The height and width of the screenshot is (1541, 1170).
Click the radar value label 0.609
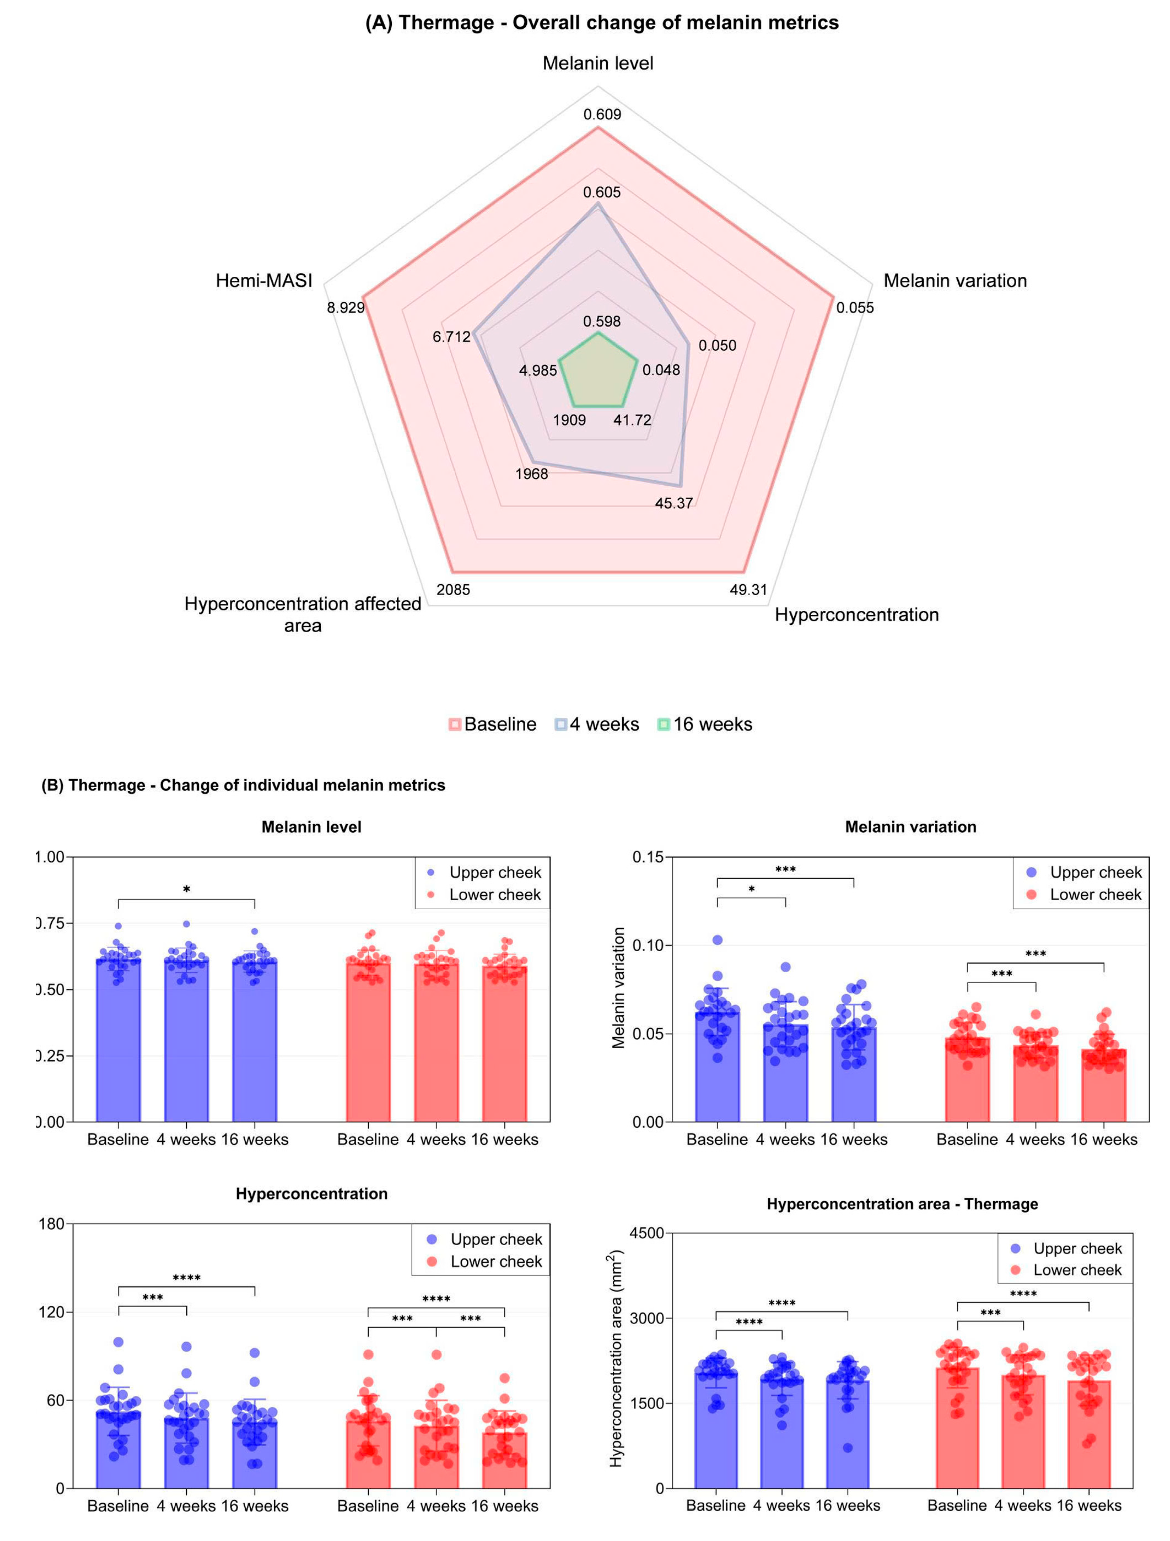pos(602,114)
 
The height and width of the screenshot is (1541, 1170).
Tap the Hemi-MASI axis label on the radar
pos(264,281)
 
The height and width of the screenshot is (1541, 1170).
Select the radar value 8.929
pos(346,307)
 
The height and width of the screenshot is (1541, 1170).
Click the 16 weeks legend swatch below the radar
pos(663,724)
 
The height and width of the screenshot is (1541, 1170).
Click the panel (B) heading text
pos(243,785)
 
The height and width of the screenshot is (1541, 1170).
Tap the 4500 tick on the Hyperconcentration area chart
pos(646,1233)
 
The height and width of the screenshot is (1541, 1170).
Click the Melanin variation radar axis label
pos(955,281)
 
